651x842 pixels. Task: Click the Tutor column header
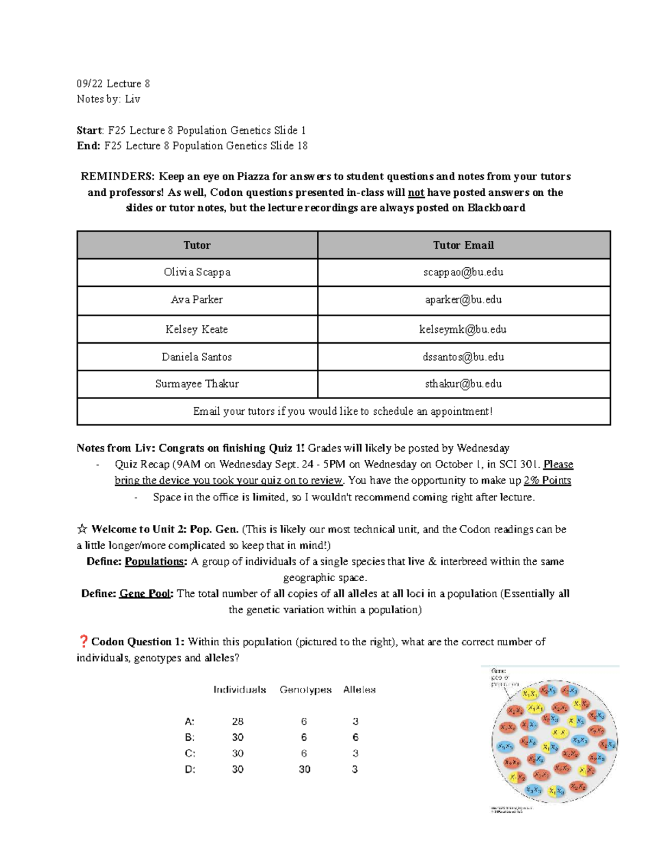click(197, 245)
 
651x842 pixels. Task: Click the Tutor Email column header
click(463, 245)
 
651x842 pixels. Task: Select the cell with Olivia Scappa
click(197, 272)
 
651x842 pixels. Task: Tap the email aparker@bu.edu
click(463, 299)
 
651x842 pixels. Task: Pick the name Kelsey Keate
click(196, 329)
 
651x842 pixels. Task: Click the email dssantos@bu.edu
click(463, 357)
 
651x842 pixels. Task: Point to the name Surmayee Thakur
click(197, 384)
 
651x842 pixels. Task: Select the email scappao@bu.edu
click(463, 272)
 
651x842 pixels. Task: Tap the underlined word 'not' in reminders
click(416, 192)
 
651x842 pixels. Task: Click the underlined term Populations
click(155, 561)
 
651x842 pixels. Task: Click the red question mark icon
click(83, 641)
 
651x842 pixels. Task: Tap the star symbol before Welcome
click(82, 529)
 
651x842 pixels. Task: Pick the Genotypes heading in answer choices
click(305, 690)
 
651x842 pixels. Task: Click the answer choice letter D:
click(190, 769)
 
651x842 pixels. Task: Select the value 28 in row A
click(238, 721)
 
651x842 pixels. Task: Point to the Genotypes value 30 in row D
click(304, 769)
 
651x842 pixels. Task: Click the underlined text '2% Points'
click(547, 480)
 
